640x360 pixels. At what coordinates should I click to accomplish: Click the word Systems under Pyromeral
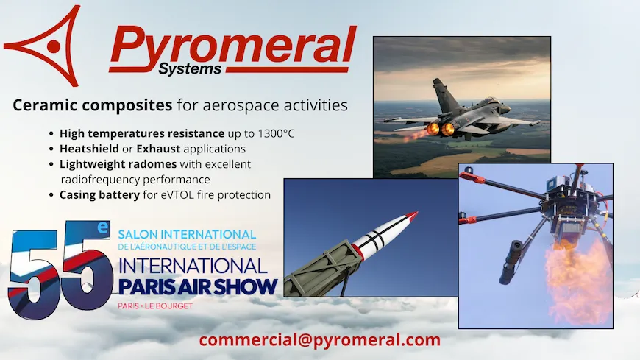click(190, 68)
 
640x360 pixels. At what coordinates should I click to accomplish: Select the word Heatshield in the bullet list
click(89, 149)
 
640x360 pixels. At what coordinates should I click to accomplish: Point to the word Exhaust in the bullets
click(158, 149)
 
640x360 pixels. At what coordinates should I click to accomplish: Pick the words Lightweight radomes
click(118, 164)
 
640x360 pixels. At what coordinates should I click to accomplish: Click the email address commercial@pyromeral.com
click(319, 340)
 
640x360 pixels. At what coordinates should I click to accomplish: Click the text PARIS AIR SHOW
click(198, 287)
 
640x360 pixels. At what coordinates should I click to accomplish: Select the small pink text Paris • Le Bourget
click(155, 306)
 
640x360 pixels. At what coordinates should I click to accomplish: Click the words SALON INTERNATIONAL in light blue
click(187, 235)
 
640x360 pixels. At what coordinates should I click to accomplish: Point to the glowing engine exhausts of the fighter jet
click(441, 129)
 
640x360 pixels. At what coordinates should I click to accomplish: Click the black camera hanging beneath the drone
click(511, 262)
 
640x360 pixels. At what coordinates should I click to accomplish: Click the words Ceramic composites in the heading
click(92, 105)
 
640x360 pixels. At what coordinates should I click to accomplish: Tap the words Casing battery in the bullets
click(99, 195)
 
